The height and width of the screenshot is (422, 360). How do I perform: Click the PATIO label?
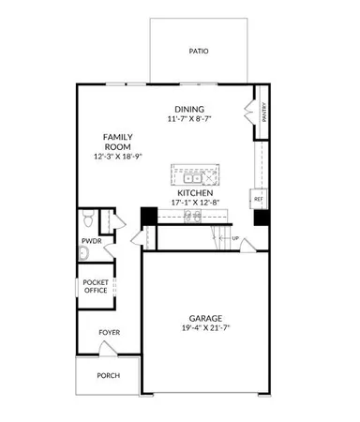pos(198,52)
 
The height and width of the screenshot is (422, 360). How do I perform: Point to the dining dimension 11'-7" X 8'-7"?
pos(190,119)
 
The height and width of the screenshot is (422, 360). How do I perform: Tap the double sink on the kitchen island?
pos(194,177)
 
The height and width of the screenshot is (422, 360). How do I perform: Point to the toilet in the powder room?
pos(87,220)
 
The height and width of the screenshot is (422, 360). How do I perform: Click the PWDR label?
pos(91,241)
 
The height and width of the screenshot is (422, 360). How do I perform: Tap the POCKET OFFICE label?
pos(96,286)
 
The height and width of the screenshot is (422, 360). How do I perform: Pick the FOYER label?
pos(110,333)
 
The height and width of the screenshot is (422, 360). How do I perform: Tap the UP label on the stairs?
pos(234,238)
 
